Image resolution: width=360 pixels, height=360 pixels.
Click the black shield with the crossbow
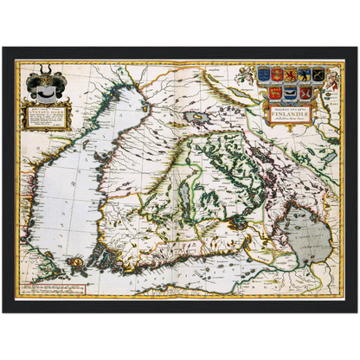318,74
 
